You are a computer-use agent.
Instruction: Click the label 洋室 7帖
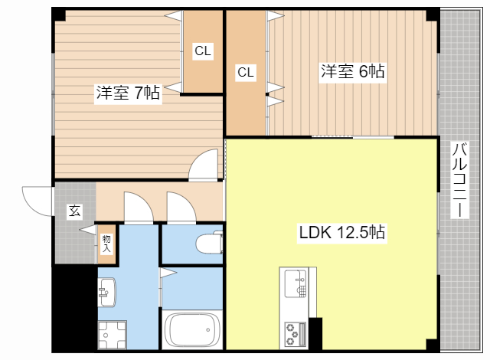coord(128,93)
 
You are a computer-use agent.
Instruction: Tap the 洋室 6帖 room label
coord(352,72)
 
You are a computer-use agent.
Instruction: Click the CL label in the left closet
coord(202,51)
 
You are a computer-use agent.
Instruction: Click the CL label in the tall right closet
coord(245,73)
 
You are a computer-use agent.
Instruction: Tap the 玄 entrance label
coord(74,211)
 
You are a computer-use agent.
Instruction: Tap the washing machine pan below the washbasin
coord(111,335)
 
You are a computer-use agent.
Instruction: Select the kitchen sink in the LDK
coord(294,285)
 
